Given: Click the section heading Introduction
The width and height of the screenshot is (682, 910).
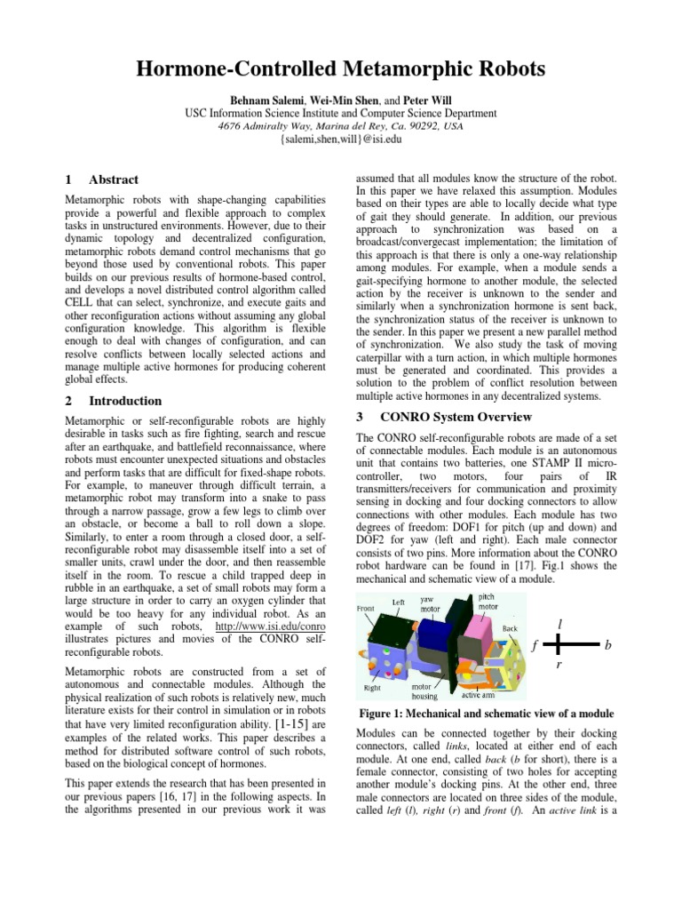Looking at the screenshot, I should point(125,401).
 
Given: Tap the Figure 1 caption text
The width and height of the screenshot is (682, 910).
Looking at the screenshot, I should point(485,714).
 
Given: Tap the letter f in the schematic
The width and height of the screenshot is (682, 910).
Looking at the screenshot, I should point(534,646).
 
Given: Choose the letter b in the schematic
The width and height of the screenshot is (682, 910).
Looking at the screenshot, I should point(608,646).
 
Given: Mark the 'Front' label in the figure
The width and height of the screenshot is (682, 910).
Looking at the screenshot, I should point(365,609).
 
